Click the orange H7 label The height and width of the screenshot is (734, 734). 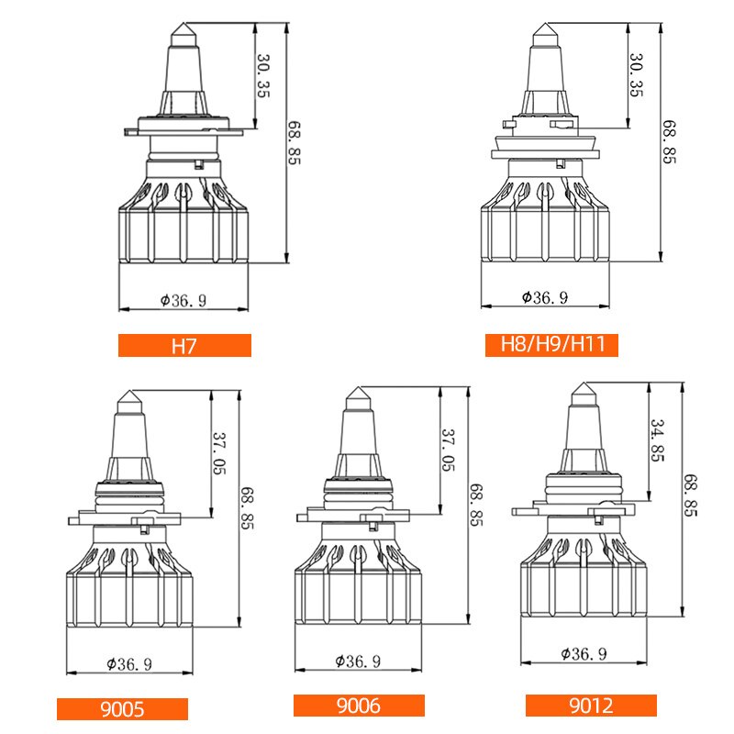pyautogui.click(x=184, y=346)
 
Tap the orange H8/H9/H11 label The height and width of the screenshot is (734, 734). pyautogui.click(x=551, y=346)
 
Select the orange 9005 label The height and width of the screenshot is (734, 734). pyautogui.click(x=122, y=709)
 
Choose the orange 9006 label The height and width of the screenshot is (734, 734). pyautogui.click(x=359, y=706)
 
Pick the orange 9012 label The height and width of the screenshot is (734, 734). pyautogui.click(x=591, y=706)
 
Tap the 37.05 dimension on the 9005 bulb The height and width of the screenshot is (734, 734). pyautogui.click(x=219, y=452)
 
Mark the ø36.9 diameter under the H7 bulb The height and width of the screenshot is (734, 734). pyautogui.click(x=184, y=299)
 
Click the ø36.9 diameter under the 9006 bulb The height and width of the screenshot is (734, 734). pyautogui.click(x=360, y=660)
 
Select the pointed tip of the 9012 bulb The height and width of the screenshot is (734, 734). pyautogui.click(x=584, y=384)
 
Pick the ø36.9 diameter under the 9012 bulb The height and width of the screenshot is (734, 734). pyautogui.click(x=584, y=654)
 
